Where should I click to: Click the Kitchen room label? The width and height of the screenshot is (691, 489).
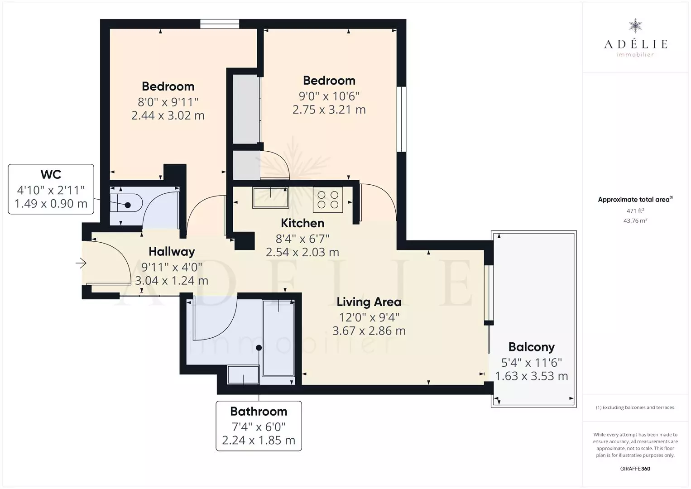[x=302, y=223]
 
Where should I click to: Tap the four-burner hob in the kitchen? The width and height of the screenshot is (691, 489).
[x=327, y=200]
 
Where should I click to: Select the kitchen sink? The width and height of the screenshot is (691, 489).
[x=270, y=197]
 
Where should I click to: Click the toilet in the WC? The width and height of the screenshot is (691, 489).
[x=126, y=202]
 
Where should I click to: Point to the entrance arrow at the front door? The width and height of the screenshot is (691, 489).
[x=81, y=263]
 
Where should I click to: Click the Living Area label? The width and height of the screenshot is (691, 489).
[x=369, y=302]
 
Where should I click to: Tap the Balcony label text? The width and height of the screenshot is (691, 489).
[x=531, y=347]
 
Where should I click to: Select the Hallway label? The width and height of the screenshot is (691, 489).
[x=172, y=252]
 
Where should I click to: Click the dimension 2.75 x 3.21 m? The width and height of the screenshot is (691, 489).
[x=329, y=110]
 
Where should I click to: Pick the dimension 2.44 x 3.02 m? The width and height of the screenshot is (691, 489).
[x=168, y=115]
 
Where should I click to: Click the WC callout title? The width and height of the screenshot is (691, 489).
[x=51, y=174]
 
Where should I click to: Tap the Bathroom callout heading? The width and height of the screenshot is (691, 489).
[x=259, y=411]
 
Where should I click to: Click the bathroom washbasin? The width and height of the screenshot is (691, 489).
[x=243, y=374]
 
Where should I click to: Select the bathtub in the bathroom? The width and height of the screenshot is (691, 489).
[x=278, y=338]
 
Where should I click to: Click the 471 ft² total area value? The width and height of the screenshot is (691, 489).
[x=635, y=211]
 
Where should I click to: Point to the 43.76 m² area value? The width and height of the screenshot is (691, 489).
[x=635, y=221]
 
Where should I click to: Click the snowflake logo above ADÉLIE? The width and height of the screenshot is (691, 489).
[x=635, y=26]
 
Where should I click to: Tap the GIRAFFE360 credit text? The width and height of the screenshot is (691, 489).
[x=635, y=469]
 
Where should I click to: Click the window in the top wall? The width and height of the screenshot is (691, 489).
[x=220, y=24]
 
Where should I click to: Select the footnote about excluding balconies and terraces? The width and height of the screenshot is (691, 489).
[x=635, y=407]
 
